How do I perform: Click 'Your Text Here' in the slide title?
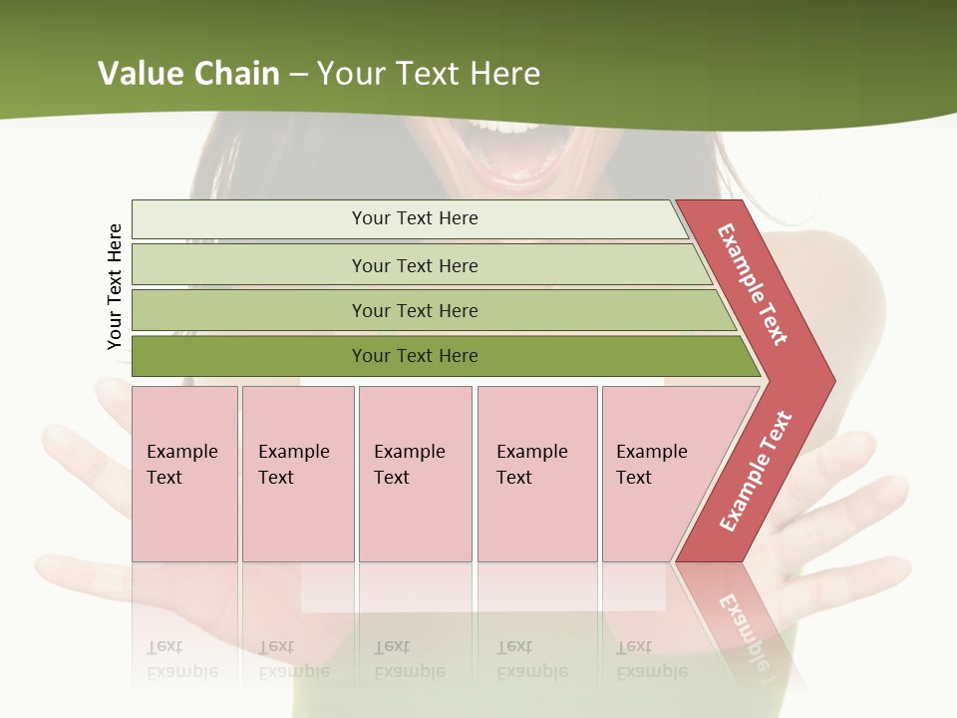[428, 74]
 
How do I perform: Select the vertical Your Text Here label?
[115, 286]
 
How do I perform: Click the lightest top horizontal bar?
[409, 218]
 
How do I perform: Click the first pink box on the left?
[184, 474]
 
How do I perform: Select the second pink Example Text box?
[297, 474]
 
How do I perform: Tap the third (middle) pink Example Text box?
[415, 474]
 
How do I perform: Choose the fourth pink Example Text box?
[536, 474]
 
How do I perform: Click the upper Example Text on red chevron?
[753, 284]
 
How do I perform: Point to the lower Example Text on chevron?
[756, 471]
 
